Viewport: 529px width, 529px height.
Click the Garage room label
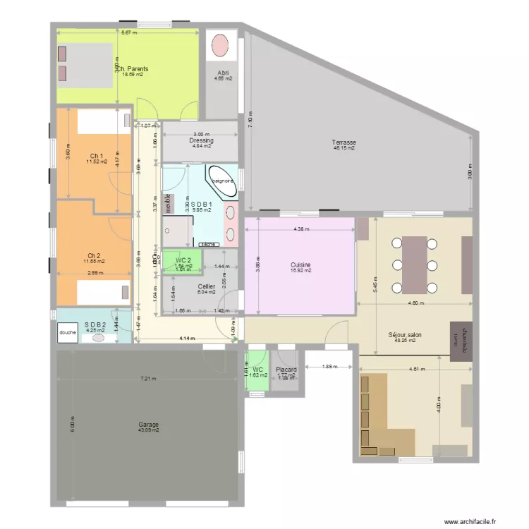148,425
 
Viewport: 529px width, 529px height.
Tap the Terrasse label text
344,142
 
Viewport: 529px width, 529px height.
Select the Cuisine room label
300,265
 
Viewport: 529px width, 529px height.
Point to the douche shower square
68,332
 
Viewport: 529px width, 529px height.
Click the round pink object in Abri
221,45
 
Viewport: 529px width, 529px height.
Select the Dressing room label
201,140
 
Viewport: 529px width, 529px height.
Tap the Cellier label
207,286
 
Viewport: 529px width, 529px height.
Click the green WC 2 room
183,262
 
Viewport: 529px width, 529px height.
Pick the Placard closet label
286,370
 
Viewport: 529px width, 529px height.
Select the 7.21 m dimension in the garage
147,379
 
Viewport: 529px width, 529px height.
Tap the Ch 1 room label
97,156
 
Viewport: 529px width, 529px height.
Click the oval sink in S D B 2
98,337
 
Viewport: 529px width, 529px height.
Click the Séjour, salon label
405,335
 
